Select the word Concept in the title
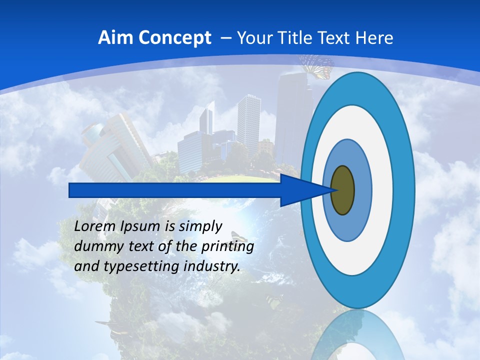(175, 38)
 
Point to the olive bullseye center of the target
(343, 190)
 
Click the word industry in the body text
(212, 267)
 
